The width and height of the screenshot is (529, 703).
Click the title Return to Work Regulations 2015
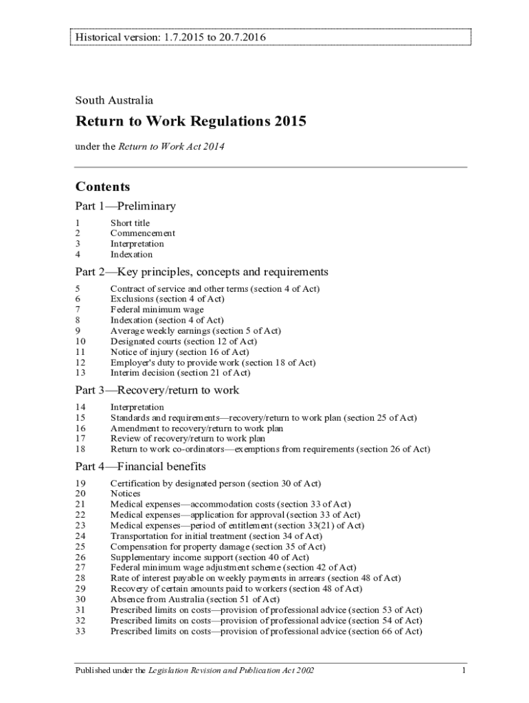190,122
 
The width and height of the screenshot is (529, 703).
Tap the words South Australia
114,100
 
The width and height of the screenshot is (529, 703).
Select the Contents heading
102,187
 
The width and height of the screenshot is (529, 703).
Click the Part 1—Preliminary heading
126,206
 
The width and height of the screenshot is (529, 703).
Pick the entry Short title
130,223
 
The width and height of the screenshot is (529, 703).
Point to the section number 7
78,310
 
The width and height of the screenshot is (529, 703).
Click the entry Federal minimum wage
157,310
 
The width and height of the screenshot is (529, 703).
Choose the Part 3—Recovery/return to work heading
157,390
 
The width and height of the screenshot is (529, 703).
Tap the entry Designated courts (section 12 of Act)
183,341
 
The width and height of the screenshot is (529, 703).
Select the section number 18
80,449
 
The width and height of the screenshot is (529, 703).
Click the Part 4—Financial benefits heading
141,467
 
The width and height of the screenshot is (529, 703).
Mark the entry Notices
125,494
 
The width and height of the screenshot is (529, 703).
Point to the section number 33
80,631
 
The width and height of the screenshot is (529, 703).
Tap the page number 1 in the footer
464,670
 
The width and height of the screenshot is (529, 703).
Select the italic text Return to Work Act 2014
172,146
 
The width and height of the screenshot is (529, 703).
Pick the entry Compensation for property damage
218,546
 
